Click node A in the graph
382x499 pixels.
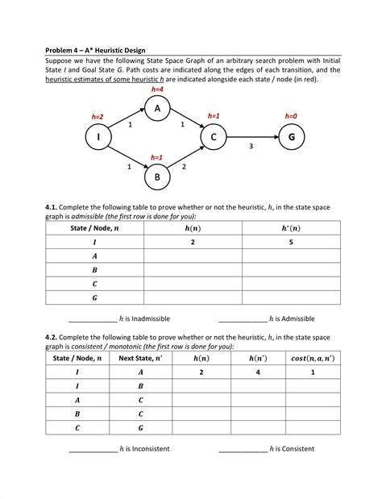(158, 108)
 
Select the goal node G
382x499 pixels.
(291, 138)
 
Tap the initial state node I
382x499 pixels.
(98, 138)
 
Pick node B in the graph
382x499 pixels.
(158, 176)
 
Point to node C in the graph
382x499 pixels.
(214, 138)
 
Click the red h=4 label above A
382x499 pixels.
(158, 89)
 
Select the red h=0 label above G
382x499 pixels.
(291, 117)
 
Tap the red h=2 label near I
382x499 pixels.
(97, 118)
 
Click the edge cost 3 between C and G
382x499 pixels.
(251, 147)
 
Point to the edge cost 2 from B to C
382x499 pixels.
(185, 166)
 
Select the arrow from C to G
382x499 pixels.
(251, 138)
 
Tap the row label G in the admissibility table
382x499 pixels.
(94, 297)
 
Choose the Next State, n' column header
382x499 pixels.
(141, 358)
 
